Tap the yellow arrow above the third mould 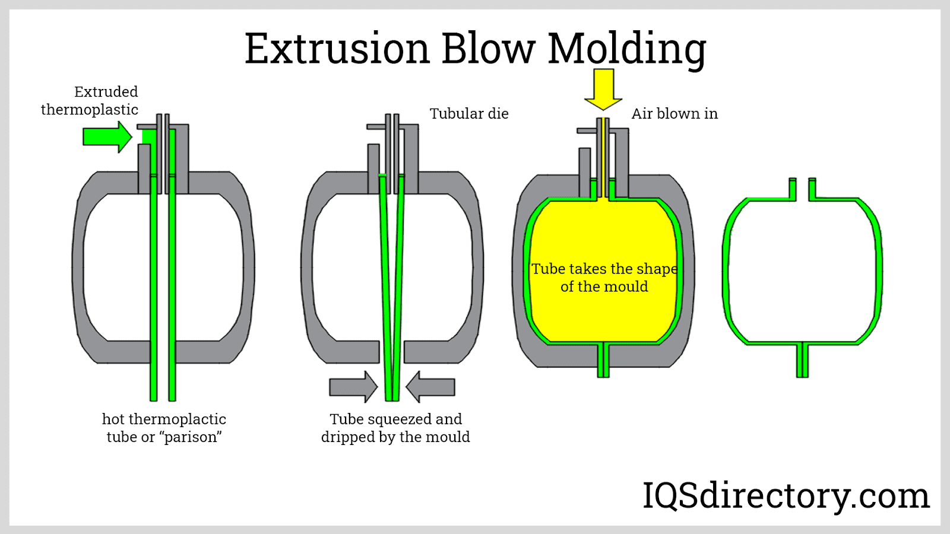click(603, 89)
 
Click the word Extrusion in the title click(337, 49)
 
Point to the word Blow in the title click(488, 49)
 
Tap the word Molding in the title click(626, 50)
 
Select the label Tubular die click(469, 114)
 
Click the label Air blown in click(674, 114)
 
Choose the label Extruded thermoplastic click(90, 101)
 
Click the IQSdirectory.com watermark click(786, 496)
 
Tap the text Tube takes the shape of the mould click(604, 278)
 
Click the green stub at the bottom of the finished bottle click(802, 360)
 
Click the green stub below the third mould click(603, 360)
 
